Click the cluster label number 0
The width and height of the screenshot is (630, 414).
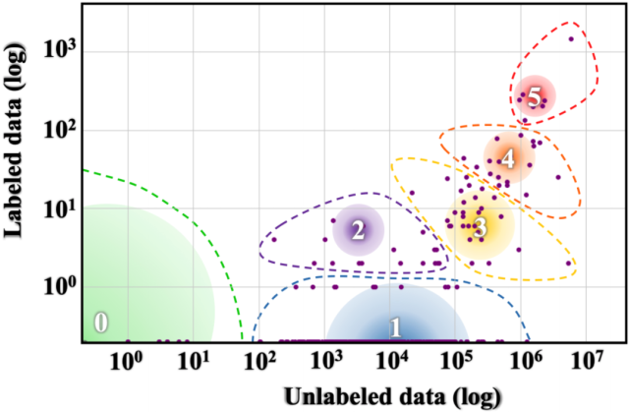100,323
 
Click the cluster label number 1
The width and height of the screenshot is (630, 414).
395,327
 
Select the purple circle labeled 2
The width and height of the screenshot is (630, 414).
358,230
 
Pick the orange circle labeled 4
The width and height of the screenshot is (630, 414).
508,156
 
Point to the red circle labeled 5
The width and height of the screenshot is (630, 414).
535,96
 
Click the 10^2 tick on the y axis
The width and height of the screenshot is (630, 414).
58,130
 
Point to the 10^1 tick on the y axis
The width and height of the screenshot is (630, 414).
58,208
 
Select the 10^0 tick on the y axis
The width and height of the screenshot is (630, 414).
58,287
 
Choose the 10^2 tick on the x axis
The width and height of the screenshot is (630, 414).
259,361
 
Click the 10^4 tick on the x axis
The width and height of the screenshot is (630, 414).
393,361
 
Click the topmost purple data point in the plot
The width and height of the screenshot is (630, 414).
571,39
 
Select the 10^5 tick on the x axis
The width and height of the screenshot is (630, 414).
460,361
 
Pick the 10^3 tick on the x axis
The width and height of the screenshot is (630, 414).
326,361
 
